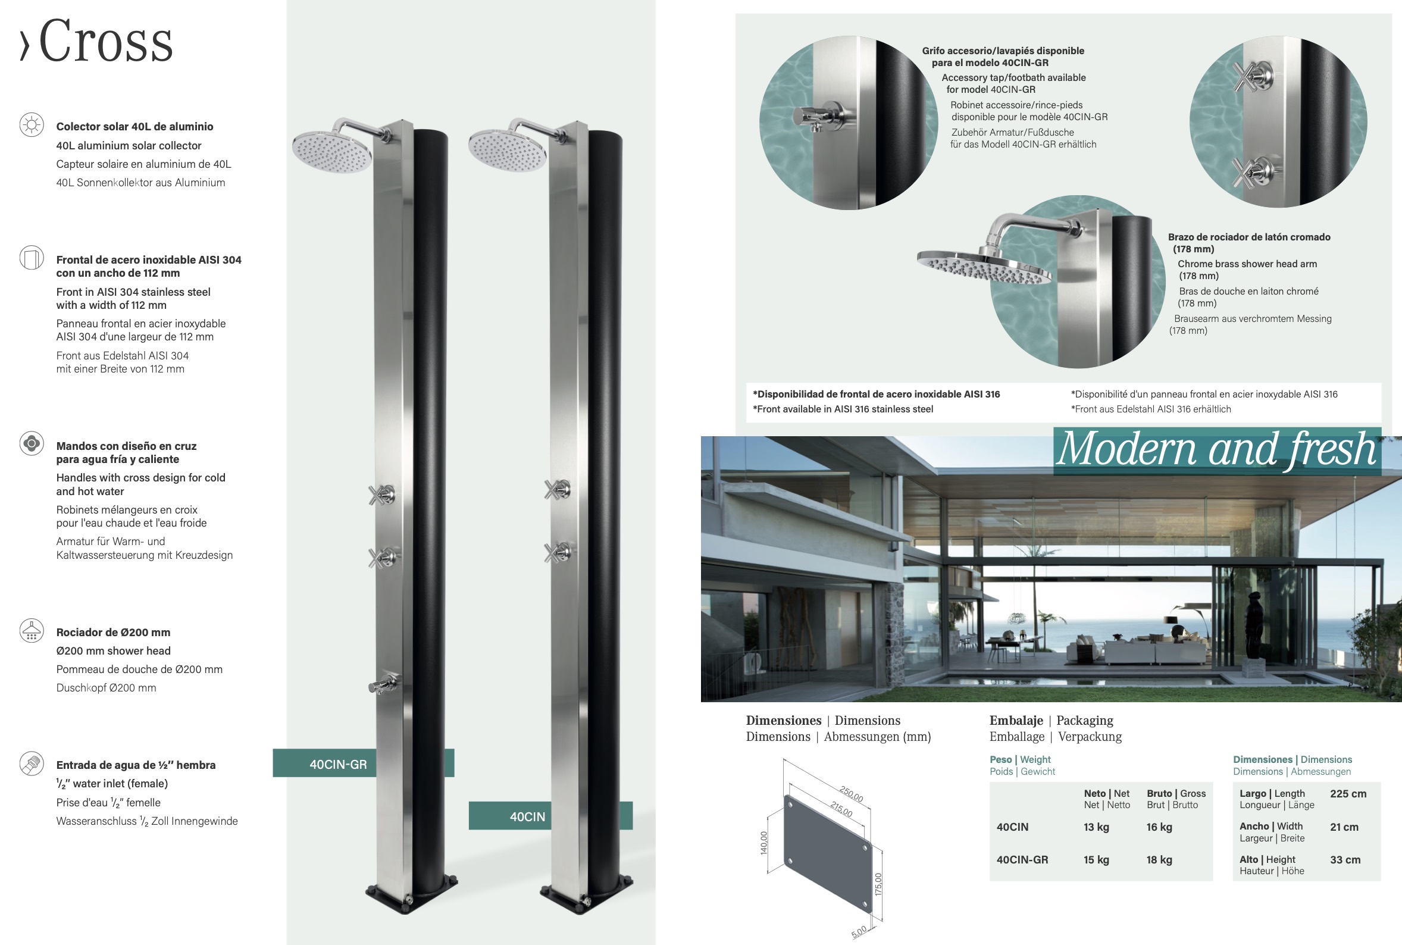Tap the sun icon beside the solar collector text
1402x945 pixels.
click(x=32, y=125)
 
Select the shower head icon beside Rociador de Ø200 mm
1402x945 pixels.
click(x=32, y=630)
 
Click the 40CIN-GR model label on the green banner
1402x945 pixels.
click(x=338, y=764)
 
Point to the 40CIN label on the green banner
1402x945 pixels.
click(x=527, y=816)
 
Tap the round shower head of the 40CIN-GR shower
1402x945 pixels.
click(x=332, y=152)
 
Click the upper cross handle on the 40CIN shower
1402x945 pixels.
click(x=557, y=489)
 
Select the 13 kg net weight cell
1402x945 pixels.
click(x=1096, y=827)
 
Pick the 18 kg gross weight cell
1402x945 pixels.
click(x=1159, y=860)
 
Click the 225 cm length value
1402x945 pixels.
click(x=1348, y=794)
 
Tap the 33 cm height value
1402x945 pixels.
click(x=1345, y=860)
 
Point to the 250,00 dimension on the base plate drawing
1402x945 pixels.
click(x=852, y=794)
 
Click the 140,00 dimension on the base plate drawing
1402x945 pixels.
click(x=764, y=843)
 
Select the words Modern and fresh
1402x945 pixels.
click(x=1217, y=450)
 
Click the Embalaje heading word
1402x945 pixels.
click(x=1016, y=720)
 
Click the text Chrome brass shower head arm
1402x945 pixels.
click(x=1247, y=264)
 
